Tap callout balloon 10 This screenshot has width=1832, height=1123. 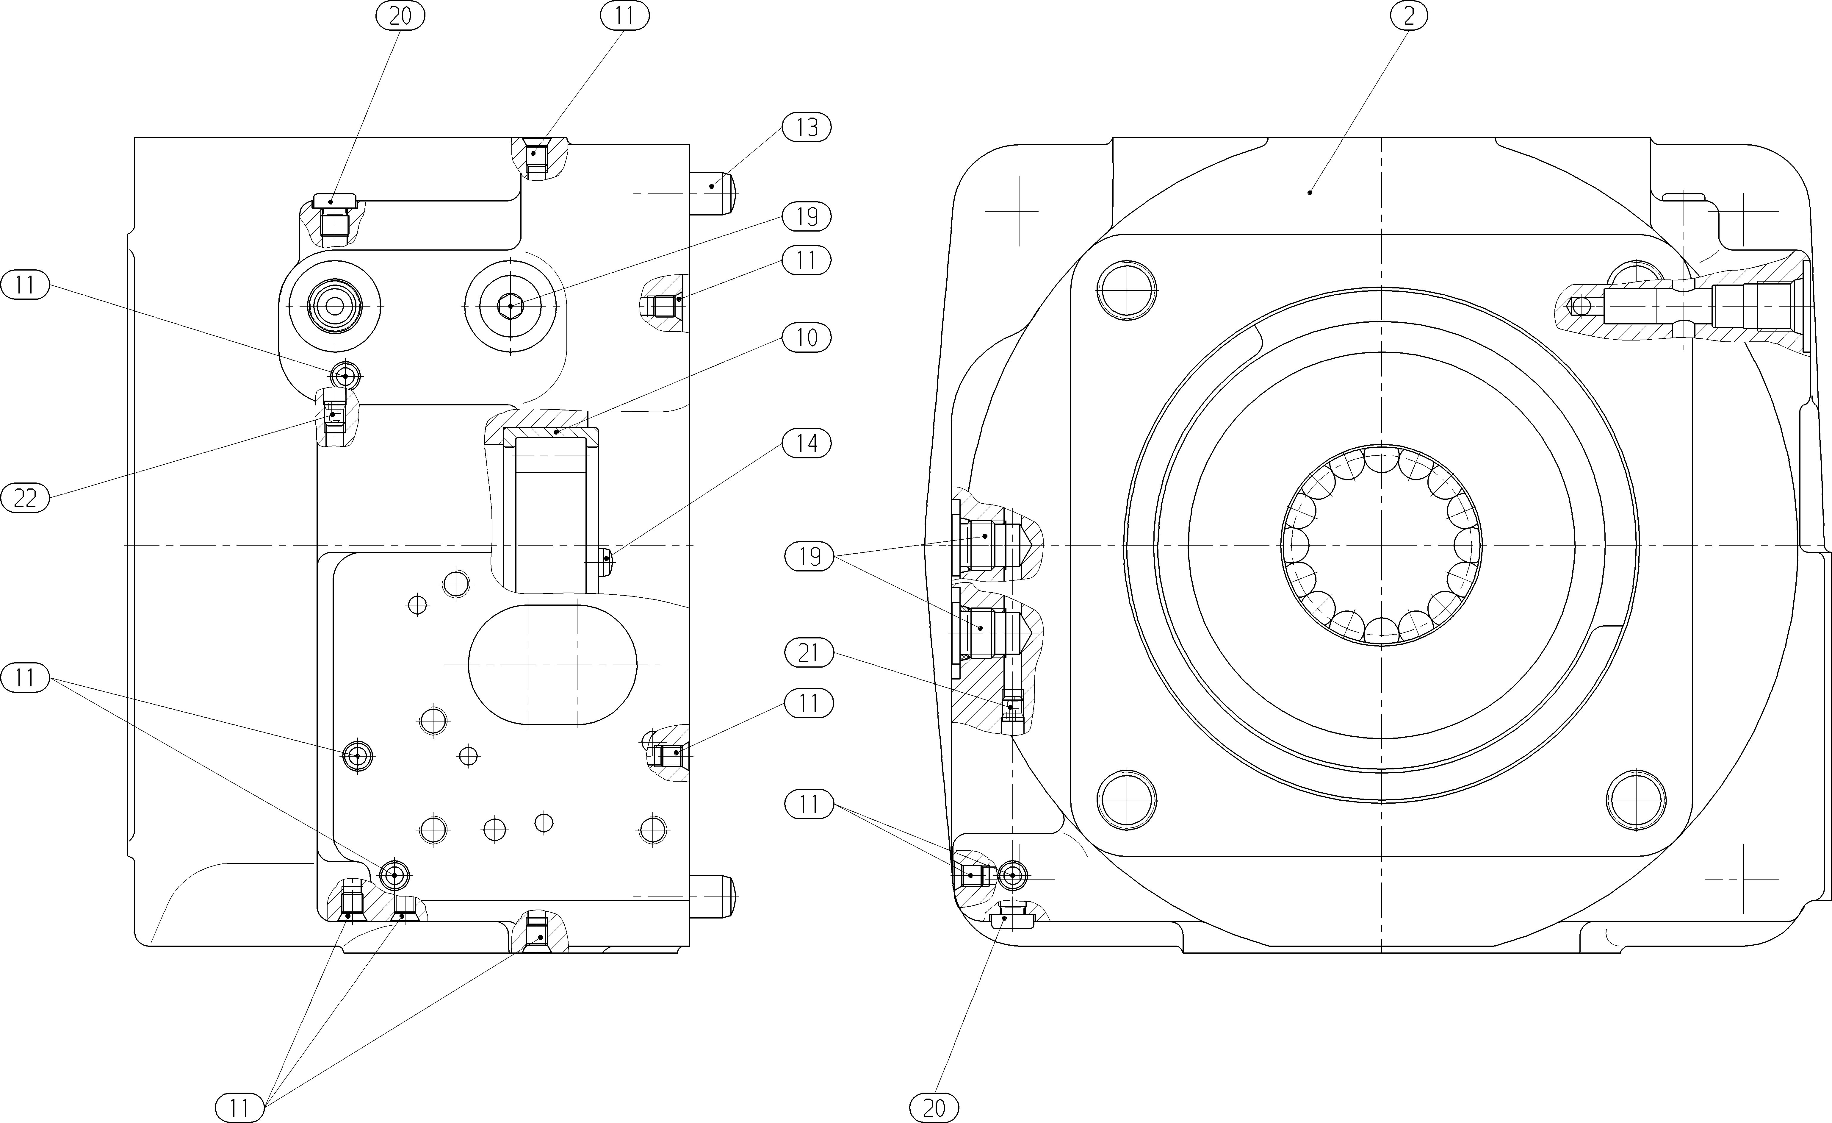[x=807, y=338]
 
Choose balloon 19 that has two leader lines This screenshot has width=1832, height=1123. [x=809, y=556]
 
